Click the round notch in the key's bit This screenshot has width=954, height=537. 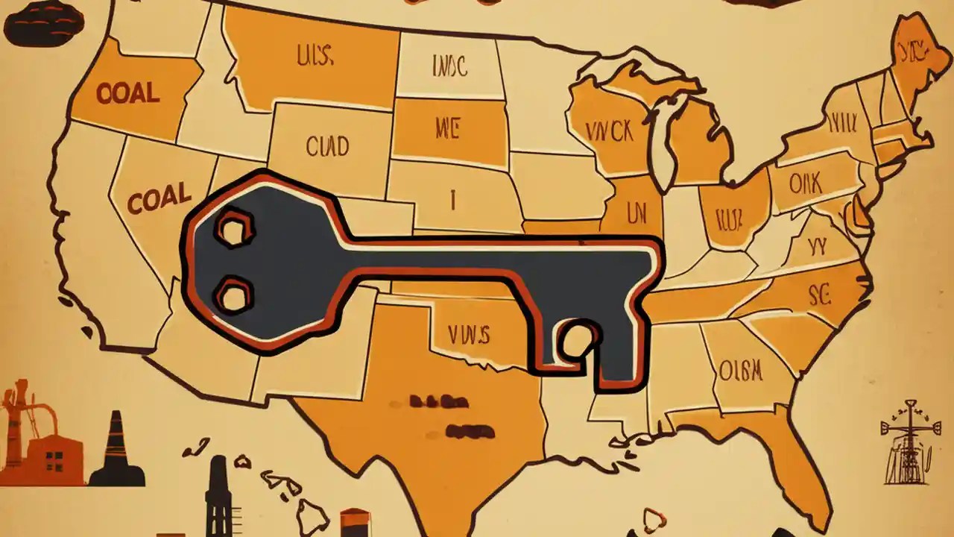click(x=578, y=337)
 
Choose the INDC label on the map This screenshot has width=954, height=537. click(x=449, y=67)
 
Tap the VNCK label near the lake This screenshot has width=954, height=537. click(x=608, y=132)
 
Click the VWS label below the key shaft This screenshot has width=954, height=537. click(x=470, y=334)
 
